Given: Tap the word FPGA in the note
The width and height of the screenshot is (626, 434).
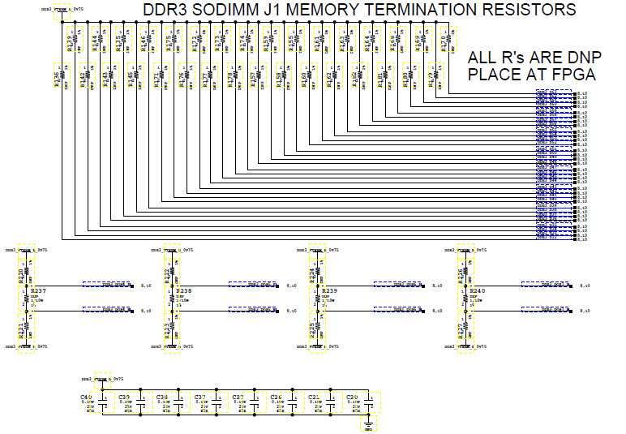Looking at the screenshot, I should [x=572, y=75].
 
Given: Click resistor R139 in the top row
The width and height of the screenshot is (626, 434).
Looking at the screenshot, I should [x=71, y=42].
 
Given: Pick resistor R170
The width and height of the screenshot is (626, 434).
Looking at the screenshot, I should [x=444, y=42].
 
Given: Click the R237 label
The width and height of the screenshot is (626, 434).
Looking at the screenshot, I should [x=38, y=290].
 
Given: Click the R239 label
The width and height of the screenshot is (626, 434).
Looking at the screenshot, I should [x=330, y=290].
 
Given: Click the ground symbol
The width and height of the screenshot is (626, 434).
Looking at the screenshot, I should [x=367, y=423].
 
